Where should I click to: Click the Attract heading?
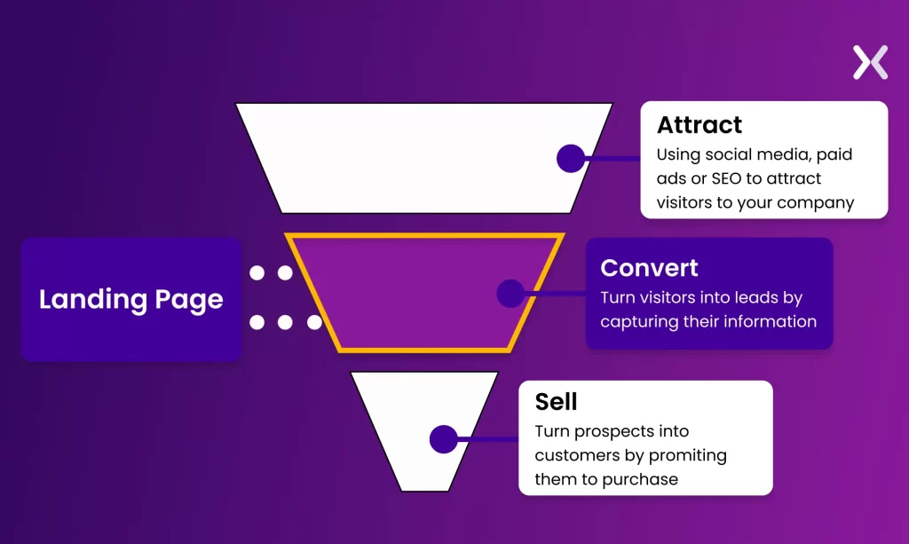coord(700,125)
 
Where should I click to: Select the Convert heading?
coord(649,268)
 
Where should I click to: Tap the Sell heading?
coord(556,402)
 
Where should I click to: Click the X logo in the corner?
coord(870,63)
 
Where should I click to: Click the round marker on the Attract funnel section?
coord(570,159)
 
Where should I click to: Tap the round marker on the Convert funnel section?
coord(510,294)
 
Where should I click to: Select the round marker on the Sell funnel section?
coord(443,439)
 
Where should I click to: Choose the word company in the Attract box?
coord(815,202)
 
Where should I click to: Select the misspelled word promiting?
coord(688,455)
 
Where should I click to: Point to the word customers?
coord(574,455)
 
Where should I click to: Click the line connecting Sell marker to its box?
coord(488,439)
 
